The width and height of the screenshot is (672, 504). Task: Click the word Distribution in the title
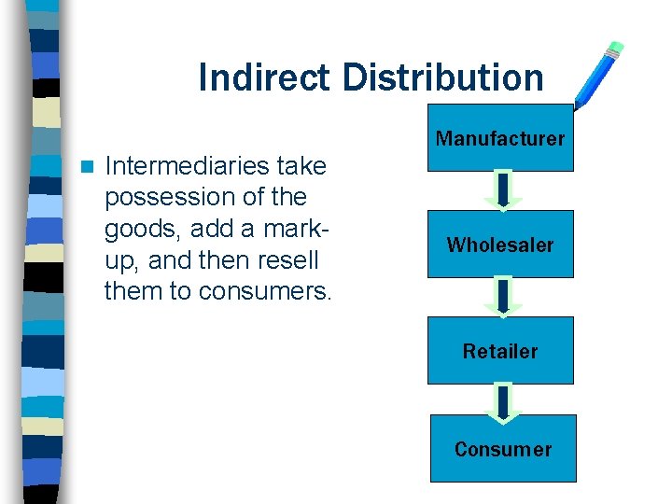[x=442, y=77]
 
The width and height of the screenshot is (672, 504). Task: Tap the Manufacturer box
[x=500, y=138]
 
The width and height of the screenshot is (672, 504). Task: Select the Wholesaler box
[x=500, y=245]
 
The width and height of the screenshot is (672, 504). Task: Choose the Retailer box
[x=500, y=351]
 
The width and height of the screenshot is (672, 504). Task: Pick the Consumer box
[x=503, y=449]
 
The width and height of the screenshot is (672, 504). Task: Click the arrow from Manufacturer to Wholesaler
[x=503, y=190]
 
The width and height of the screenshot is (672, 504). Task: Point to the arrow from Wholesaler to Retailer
[x=503, y=297]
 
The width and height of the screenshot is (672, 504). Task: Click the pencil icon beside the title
[x=598, y=74]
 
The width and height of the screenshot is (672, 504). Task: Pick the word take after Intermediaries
[x=301, y=166]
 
